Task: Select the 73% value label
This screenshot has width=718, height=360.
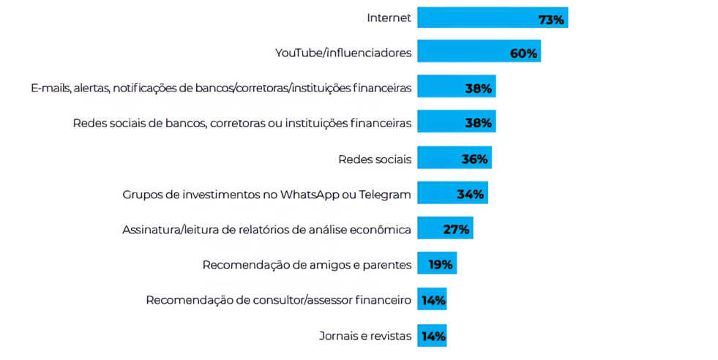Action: pos(551,20)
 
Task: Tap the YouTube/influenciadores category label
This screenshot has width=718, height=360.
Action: pos(343,53)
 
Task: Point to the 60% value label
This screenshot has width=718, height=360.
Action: pos(523,53)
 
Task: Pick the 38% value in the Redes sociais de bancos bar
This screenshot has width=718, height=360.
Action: pos(478,123)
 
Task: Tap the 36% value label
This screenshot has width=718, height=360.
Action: pos(474,159)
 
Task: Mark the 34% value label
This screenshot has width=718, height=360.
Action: pos(470,194)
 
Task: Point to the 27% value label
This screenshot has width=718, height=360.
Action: pos(456,229)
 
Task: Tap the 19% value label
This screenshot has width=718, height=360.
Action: pos(441,264)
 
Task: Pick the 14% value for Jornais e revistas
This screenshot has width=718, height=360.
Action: pos(433,337)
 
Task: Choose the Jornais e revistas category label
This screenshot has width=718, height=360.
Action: pos(365,337)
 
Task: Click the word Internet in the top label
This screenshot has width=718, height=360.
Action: pos(389,18)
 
